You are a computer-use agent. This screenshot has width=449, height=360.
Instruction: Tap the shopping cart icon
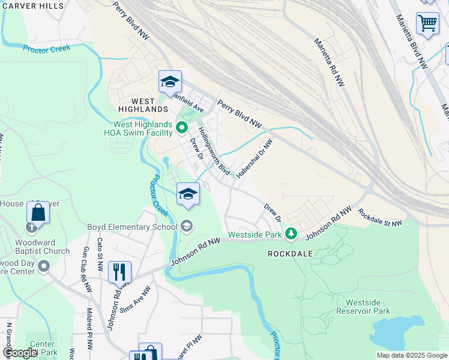pyautogui.click(x=427, y=24)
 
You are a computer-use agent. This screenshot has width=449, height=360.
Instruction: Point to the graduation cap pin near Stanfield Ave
pyautogui.click(x=170, y=82)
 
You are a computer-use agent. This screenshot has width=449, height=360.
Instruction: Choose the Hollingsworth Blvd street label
pyautogui.click(x=214, y=149)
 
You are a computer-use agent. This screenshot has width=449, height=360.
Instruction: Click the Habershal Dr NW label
pyautogui.click(x=255, y=158)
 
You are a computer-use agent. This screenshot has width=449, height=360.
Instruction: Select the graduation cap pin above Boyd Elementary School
pyautogui.click(x=188, y=194)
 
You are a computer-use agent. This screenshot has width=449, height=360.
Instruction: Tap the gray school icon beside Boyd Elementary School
pyautogui.click(x=187, y=226)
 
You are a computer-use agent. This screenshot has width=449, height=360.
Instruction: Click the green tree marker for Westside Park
pyautogui.click(x=291, y=233)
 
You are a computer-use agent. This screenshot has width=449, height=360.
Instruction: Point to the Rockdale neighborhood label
pyautogui.click(x=290, y=254)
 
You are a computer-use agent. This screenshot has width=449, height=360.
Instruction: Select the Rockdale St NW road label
pyautogui.click(x=380, y=217)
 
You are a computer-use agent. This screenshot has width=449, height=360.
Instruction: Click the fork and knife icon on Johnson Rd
pyautogui.click(x=119, y=272)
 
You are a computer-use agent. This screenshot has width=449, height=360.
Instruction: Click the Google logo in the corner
pyautogui.click(x=20, y=353)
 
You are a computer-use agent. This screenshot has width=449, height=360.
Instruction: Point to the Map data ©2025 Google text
pyautogui.click(x=411, y=355)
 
